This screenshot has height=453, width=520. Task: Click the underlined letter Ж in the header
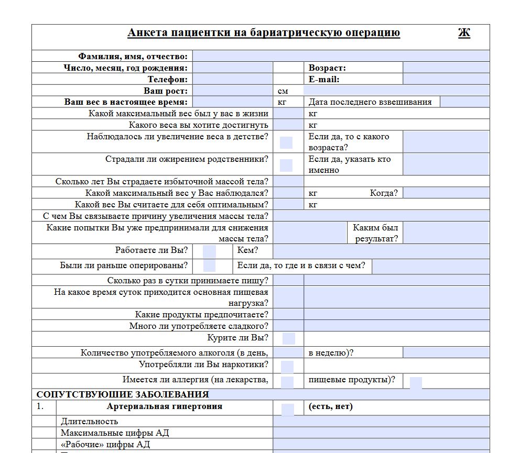tap(464, 34)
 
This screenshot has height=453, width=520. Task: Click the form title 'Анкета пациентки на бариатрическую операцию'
tap(264, 34)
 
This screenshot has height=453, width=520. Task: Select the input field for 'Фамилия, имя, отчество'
tap(341, 57)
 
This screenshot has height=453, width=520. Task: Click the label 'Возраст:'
tap(327, 68)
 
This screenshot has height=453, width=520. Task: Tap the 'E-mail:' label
tap(324, 80)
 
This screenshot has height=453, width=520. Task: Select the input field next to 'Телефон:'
tap(233, 80)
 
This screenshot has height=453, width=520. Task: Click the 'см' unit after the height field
tap(283, 91)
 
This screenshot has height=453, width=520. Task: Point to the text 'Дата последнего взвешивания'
tap(370, 102)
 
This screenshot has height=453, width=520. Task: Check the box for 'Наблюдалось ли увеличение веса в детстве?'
tap(286, 142)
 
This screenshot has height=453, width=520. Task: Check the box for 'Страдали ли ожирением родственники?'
tap(286, 165)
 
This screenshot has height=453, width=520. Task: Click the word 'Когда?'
tap(384, 193)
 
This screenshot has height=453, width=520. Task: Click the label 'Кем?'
tap(247, 251)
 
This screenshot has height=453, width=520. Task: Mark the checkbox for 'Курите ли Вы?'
tap(289, 338)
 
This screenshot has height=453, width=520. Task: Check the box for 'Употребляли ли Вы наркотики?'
tap(287, 367)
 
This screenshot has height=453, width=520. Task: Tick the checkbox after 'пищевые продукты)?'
tap(416, 383)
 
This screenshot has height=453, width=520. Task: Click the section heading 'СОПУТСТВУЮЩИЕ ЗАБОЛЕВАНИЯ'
tap(123, 394)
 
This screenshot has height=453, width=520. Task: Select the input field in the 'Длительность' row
tap(381, 421)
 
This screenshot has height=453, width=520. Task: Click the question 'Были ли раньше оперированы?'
tap(124, 266)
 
